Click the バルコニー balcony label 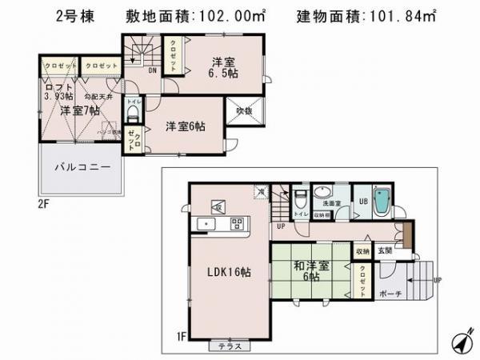pos(82,168)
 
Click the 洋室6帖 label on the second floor pos(185,126)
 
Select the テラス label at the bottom pos(230,346)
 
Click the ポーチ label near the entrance pos(391,293)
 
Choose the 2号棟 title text pos(77,17)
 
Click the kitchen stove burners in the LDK pos(237,222)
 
